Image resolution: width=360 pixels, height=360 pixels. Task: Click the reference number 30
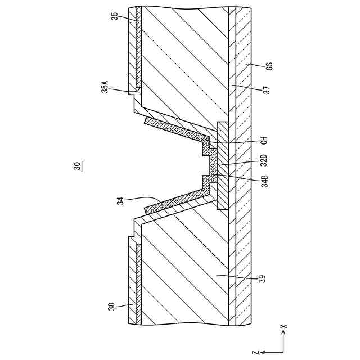[76, 166]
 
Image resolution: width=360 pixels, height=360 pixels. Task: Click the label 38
[112, 307]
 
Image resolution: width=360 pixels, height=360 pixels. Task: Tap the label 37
[266, 89]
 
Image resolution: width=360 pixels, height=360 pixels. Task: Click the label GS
[269, 65]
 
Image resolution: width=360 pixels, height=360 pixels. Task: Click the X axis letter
[284, 326]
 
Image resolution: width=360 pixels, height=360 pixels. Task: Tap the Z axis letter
[255, 352]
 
